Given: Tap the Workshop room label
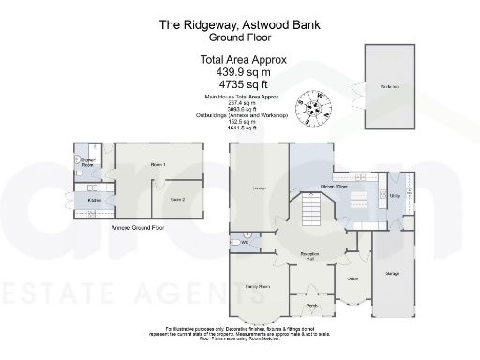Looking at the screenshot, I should [x=390, y=87].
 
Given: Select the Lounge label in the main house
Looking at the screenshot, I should [x=260, y=188].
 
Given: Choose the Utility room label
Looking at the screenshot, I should [x=396, y=197].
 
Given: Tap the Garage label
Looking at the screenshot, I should [x=392, y=273].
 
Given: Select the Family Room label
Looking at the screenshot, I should [x=258, y=284].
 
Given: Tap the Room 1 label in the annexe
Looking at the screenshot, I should [x=157, y=165].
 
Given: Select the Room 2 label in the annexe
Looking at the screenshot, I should [x=177, y=200].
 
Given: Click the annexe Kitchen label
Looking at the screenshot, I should [x=95, y=200].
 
